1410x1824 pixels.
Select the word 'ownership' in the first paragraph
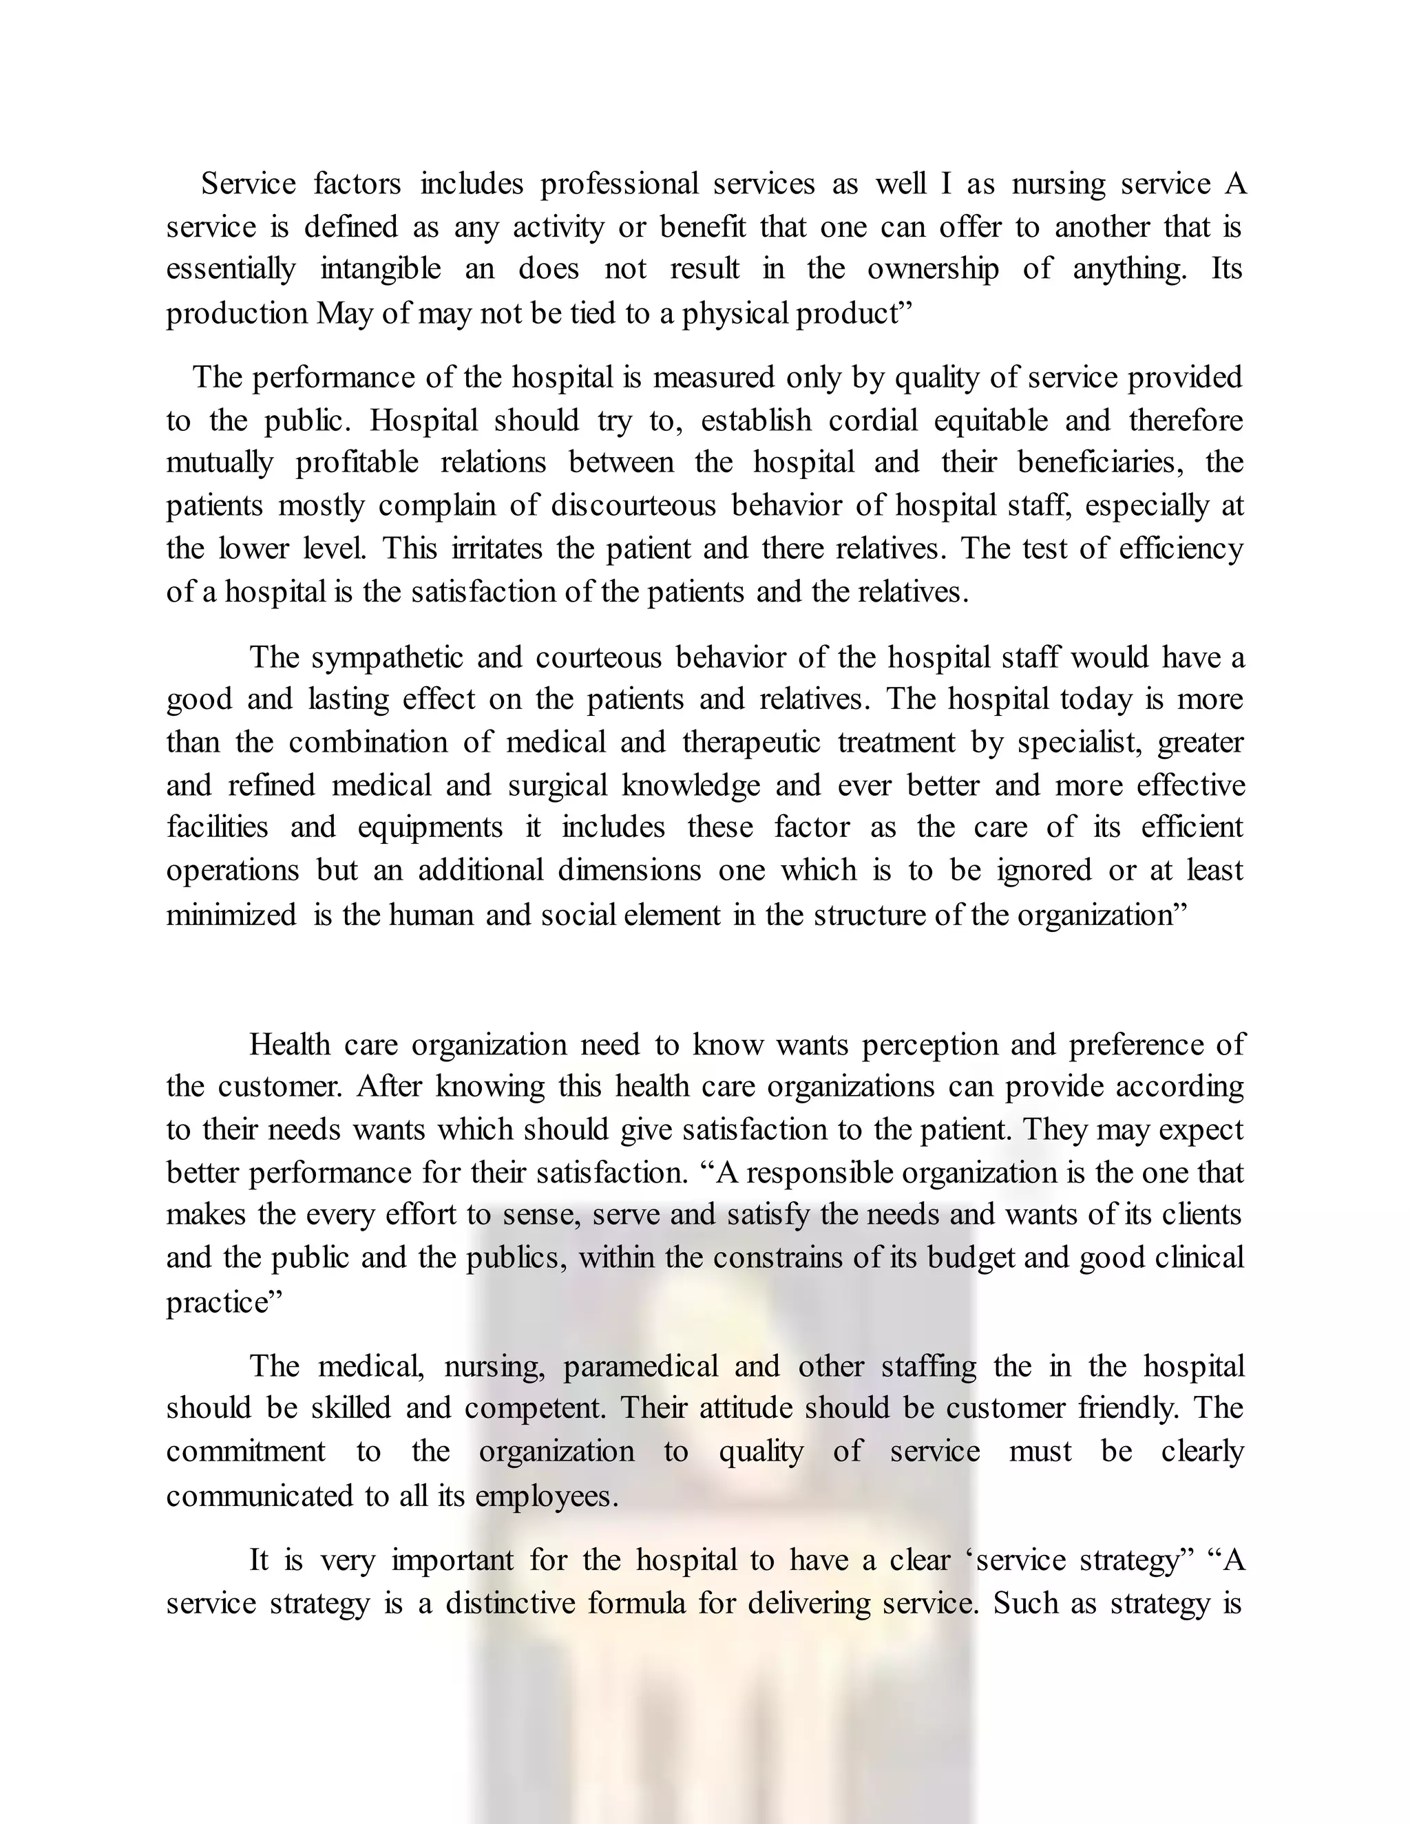[x=932, y=269]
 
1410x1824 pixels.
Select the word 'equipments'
[x=430, y=827]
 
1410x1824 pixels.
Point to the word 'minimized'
[x=231, y=915]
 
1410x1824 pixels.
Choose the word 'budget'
[x=971, y=1257]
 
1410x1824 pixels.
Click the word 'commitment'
[x=246, y=1452]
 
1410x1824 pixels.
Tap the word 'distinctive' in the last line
[x=509, y=1604]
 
